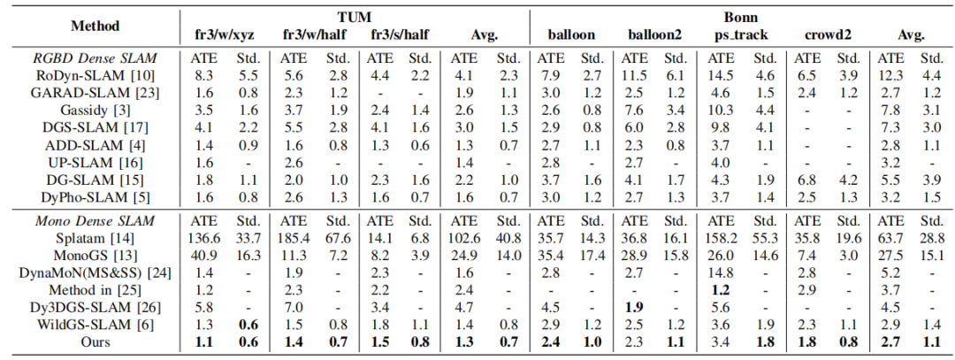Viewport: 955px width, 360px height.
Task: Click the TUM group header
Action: (355, 17)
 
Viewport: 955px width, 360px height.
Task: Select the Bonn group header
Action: (741, 17)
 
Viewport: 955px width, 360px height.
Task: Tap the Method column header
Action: (95, 27)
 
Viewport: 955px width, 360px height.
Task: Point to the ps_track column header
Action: (741, 34)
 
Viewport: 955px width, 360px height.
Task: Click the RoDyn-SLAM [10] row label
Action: (95, 75)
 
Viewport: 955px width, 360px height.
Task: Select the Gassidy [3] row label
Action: (95, 111)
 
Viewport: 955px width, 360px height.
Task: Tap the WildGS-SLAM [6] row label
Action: (95, 325)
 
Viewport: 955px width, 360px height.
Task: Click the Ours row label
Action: (95, 341)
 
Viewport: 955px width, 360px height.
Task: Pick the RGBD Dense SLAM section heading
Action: (95, 58)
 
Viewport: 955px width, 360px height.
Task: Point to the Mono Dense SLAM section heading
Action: (95, 222)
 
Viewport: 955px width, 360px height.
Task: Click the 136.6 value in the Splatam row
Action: (206, 239)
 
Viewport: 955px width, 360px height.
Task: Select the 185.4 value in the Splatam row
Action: (294, 239)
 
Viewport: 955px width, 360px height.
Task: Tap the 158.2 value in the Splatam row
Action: (722, 239)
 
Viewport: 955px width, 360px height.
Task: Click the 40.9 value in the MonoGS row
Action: (206, 256)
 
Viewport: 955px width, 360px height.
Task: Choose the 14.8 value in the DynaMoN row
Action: (722, 273)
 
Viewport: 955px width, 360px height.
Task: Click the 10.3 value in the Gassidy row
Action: (722, 111)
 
